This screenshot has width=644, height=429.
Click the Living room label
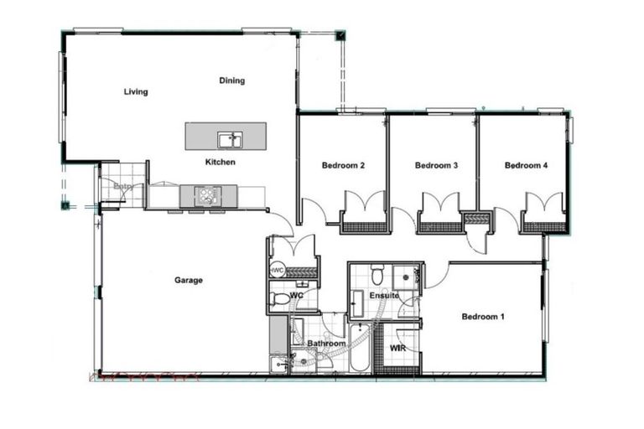(135, 92)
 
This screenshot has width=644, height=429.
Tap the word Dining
(232, 81)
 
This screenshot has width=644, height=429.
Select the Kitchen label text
(221, 162)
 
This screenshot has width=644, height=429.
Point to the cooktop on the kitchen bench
(206, 196)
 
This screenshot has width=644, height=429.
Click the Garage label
(188, 281)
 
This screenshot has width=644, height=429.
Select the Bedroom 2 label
(343, 166)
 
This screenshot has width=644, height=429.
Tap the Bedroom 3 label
(436, 166)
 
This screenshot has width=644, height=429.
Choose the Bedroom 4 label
(526, 166)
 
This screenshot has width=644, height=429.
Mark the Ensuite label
(383, 297)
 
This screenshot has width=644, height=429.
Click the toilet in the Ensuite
(377, 274)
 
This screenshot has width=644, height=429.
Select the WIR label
(398, 348)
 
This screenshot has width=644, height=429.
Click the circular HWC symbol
(277, 270)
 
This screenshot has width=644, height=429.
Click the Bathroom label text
(326, 344)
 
